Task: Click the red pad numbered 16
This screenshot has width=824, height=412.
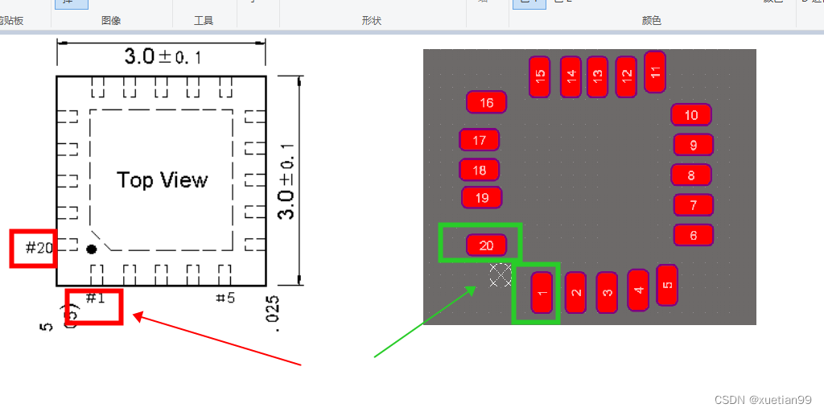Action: [x=487, y=102]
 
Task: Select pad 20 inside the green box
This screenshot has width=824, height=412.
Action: [x=487, y=245]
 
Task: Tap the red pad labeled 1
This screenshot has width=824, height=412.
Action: [x=542, y=292]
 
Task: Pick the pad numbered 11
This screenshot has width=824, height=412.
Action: [x=655, y=72]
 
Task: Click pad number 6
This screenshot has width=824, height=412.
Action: [x=694, y=235]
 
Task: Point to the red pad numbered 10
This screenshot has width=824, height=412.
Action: [x=691, y=115]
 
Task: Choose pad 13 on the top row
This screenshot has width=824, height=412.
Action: [x=597, y=77]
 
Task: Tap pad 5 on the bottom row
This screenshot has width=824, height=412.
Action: [x=667, y=285]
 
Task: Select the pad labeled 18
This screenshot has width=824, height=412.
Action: [x=480, y=170]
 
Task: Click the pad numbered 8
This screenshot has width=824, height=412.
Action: [x=691, y=175]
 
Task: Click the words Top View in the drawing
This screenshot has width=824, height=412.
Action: [x=163, y=179]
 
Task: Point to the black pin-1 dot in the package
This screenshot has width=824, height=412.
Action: [x=92, y=249]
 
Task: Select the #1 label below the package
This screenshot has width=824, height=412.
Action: [x=95, y=299]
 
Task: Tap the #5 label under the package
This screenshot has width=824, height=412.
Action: [x=225, y=299]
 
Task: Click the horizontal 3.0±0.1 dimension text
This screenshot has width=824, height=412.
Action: [x=163, y=56]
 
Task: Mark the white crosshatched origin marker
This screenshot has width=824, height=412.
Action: [x=501, y=275]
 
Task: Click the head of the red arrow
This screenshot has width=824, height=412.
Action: [x=136, y=316]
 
